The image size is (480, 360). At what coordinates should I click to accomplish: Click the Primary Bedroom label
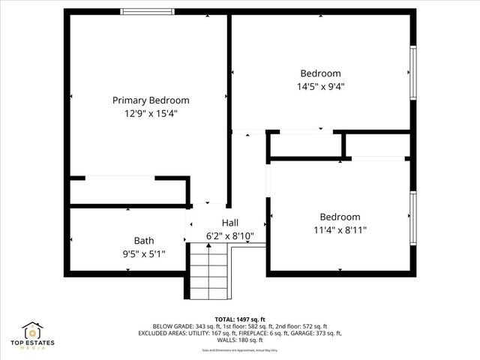point(151,100)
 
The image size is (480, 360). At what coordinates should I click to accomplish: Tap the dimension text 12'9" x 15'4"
point(151,113)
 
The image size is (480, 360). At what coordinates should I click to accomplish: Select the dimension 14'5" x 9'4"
point(320,86)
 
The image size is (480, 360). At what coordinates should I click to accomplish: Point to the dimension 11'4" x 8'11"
point(340,230)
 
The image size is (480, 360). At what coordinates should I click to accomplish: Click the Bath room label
point(144,241)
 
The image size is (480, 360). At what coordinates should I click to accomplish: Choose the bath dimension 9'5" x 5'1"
point(144,254)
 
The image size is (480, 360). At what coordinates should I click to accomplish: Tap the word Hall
point(230,223)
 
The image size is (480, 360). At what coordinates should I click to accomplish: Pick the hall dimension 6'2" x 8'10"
point(230,236)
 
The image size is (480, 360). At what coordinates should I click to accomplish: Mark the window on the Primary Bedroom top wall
point(148,11)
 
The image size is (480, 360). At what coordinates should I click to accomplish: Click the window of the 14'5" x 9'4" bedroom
point(412,72)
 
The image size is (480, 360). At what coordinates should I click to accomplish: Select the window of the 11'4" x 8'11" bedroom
point(412,217)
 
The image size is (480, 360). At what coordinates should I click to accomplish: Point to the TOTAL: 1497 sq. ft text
point(240,319)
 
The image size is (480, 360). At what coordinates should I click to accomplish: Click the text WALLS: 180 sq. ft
point(240,340)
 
